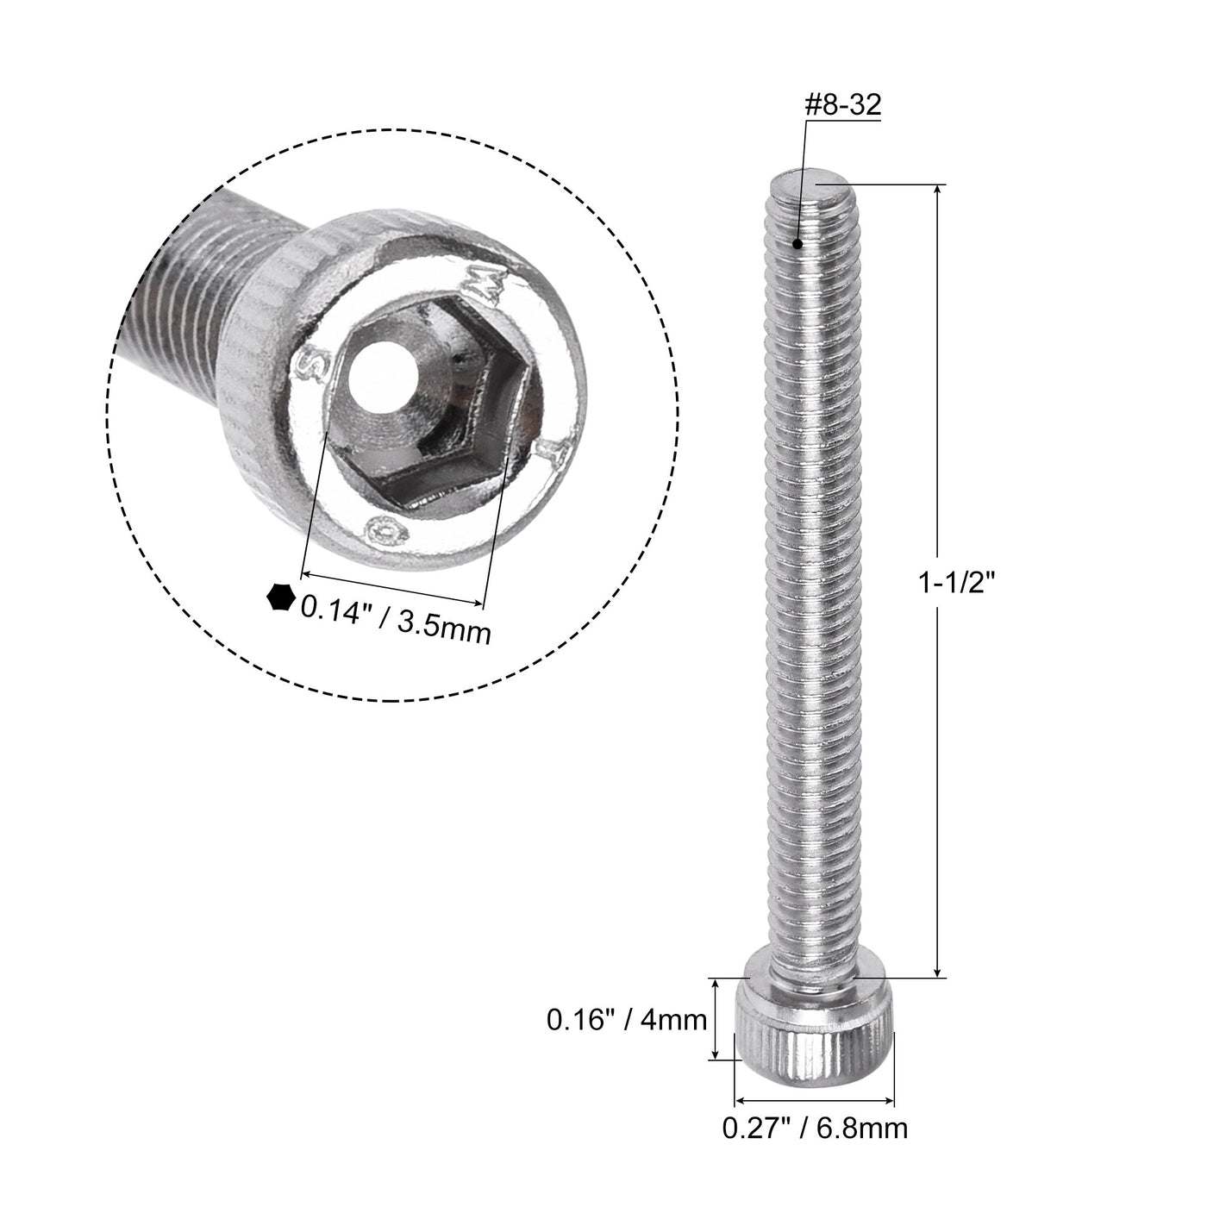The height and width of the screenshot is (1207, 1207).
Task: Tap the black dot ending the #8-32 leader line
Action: coord(800,244)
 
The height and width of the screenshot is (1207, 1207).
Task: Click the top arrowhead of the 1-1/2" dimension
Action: coord(940,191)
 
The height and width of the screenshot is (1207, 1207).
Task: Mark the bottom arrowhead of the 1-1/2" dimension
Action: coord(940,971)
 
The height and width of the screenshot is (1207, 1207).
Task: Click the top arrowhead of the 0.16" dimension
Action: coord(715,984)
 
